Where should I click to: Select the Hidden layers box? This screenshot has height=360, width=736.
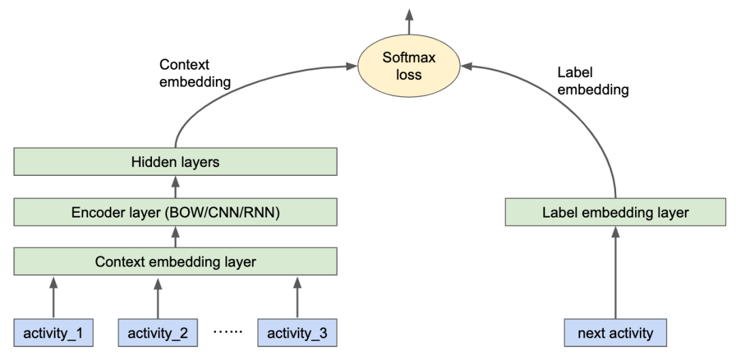point(176,163)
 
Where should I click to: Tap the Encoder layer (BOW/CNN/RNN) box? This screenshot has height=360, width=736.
point(176,212)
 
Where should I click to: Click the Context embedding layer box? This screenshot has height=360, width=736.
point(176,261)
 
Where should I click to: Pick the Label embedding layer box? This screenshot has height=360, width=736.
point(615,212)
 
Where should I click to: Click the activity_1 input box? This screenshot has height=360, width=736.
point(54,333)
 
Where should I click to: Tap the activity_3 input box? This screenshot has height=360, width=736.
point(298,333)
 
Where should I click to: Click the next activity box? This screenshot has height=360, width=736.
point(615,333)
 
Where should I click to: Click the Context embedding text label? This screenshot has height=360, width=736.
point(195,73)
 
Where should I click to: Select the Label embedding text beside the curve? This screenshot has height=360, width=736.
point(591,80)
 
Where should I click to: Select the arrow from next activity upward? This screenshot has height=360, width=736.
point(615,273)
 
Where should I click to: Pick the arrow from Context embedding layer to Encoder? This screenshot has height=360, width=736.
point(176,237)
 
